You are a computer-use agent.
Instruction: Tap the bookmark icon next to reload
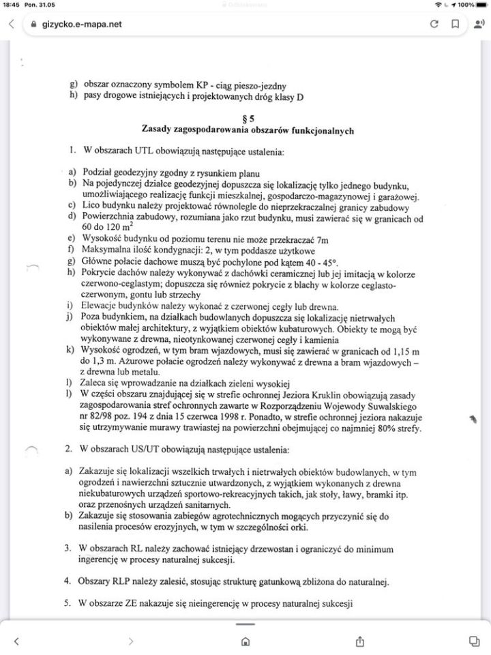coord(454,24)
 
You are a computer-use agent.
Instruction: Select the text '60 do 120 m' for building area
coord(109,227)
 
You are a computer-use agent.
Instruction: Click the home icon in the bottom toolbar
coord(245,641)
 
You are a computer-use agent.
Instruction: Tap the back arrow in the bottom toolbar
coord(17,641)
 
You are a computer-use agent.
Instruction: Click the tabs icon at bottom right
coord(473,641)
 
